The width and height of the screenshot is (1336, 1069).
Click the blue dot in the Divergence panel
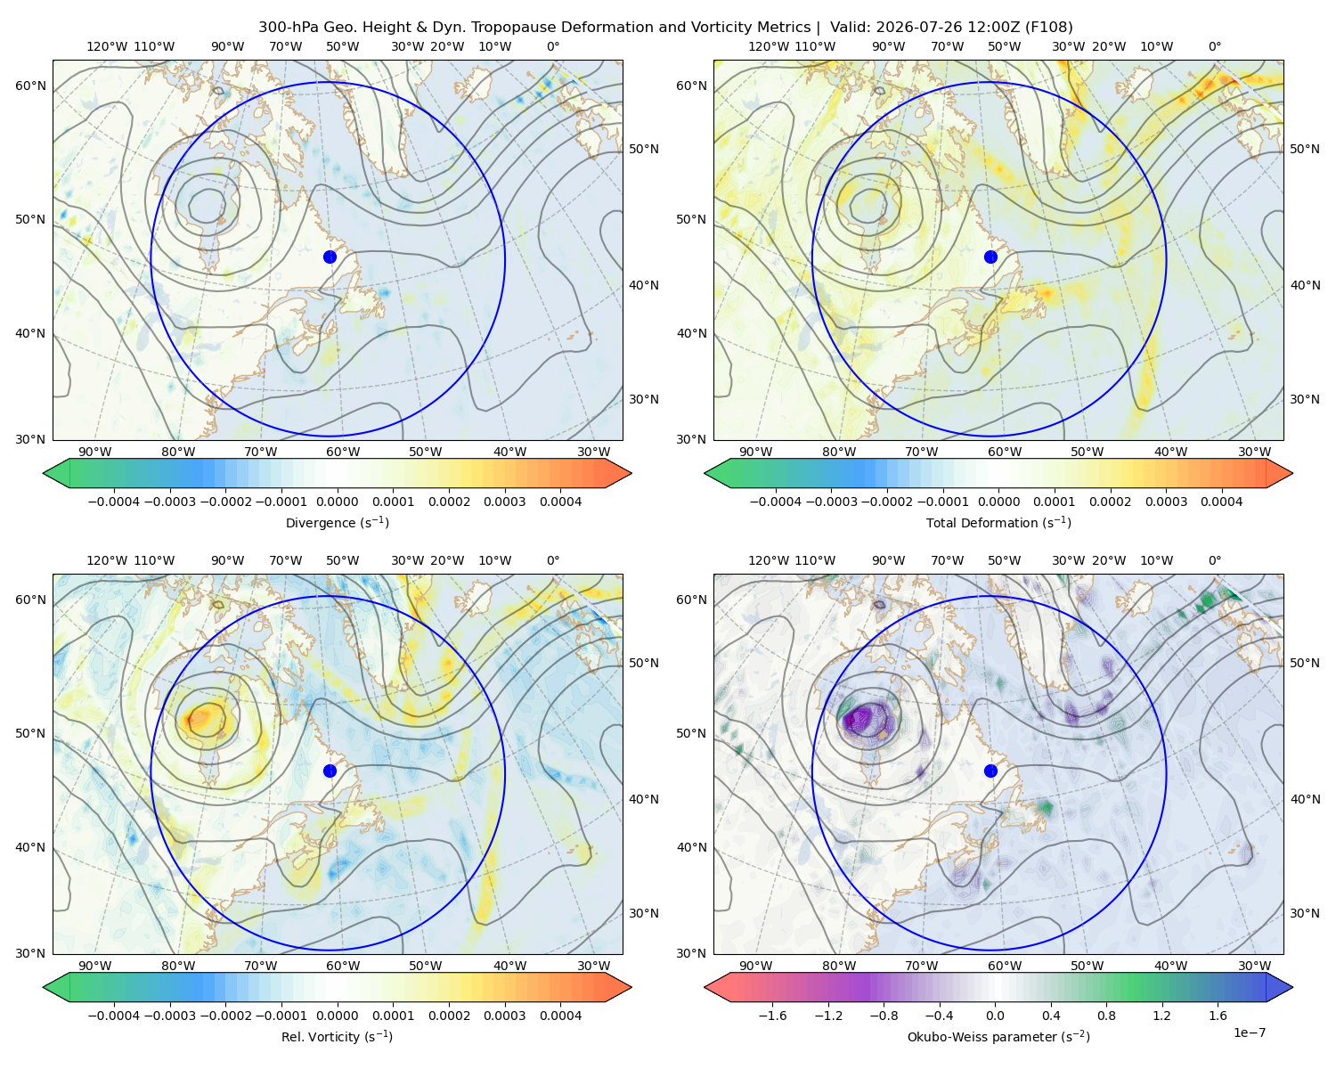point(330,257)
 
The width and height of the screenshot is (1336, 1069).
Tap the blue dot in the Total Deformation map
point(990,257)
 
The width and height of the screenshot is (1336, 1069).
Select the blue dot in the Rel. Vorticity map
point(330,771)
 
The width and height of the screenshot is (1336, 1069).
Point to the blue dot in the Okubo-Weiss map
point(990,771)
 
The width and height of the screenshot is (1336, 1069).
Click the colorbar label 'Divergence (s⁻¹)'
point(337,522)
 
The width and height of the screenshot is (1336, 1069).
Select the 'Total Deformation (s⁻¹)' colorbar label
point(998,522)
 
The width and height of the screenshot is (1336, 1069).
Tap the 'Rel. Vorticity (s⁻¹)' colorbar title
point(337,1036)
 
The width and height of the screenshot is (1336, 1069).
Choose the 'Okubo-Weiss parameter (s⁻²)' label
point(998,1036)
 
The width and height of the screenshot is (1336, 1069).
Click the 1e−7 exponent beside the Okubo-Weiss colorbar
point(1249,1032)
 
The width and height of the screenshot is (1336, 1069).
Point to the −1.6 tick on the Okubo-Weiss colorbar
point(772,1015)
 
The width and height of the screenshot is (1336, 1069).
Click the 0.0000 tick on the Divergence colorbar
point(337,502)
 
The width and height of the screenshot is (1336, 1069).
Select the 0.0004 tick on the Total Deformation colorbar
point(1221,502)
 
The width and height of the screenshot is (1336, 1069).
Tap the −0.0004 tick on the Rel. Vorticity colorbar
point(114,1015)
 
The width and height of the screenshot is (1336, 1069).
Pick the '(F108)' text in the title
point(1048,28)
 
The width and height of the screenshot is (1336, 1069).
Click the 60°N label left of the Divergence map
point(30,86)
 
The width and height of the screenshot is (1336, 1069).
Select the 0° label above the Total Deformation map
point(1214,46)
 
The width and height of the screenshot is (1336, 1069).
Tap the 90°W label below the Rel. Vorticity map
point(95,966)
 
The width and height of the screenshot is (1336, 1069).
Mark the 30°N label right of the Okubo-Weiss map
point(1305,913)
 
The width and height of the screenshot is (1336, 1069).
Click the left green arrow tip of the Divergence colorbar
point(44,473)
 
